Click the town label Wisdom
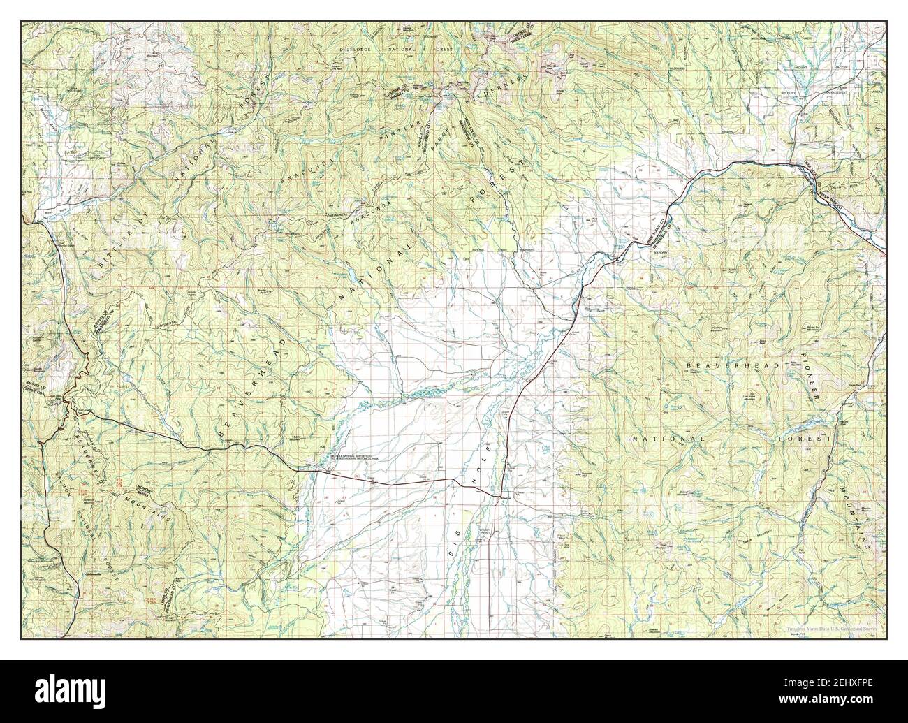(x=506, y=498)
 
